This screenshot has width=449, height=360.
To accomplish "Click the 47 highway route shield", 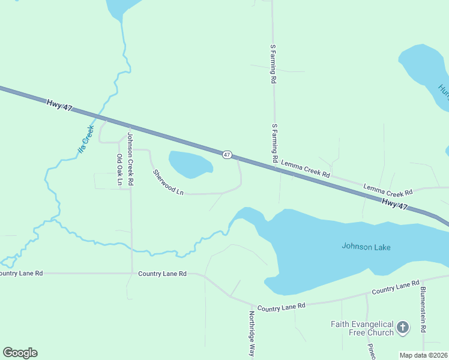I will click(226, 155).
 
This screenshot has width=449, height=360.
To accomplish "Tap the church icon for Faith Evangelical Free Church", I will click(402, 328).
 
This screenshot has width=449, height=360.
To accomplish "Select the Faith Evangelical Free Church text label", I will click(362, 328).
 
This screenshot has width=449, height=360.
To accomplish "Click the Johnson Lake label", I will click(366, 246).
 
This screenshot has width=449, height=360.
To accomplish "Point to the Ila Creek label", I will click(86, 139).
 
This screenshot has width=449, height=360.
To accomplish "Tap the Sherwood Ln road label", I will click(167, 182).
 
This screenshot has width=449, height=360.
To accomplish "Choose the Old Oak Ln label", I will click(120, 169).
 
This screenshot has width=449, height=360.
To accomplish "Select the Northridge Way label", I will click(252, 333).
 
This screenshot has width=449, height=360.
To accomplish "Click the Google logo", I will click(20, 353).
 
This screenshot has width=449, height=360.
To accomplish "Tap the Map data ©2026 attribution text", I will click(423, 355).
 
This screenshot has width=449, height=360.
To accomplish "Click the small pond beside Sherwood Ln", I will click(190, 164).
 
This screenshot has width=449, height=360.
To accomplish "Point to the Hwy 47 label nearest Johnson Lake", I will click(394, 205).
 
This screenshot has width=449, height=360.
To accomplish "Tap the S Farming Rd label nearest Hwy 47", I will click(274, 143).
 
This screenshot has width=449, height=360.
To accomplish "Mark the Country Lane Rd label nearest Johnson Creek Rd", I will click(162, 274).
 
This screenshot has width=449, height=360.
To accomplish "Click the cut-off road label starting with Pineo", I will click(372, 351).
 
